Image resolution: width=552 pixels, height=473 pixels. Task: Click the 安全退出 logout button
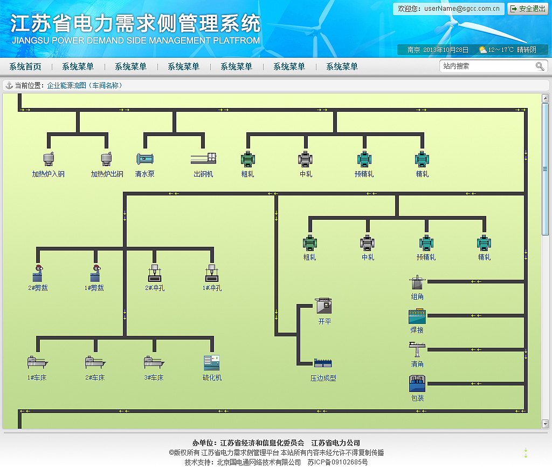click(x=528, y=9)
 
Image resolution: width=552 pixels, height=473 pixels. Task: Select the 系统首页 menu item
click(x=25, y=66)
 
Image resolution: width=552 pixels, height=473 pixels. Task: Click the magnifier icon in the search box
click(x=540, y=66)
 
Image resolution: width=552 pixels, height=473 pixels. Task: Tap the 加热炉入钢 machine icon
click(x=49, y=159)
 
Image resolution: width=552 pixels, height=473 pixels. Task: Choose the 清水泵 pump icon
click(x=144, y=159)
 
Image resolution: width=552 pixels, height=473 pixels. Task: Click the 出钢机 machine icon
click(x=203, y=159)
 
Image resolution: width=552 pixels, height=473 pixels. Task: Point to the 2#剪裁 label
click(x=38, y=288)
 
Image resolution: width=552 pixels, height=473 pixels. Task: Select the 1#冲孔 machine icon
click(x=212, y=273)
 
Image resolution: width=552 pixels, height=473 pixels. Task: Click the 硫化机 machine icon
click(x=211, y=362)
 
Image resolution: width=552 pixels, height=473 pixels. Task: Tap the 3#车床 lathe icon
click(x=154, y=362)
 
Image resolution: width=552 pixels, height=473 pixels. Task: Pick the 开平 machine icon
click(x=324, y=306)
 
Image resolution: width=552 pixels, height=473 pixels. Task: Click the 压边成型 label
click(x=323, y=379)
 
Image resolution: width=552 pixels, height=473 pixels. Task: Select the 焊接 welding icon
click(x=417, y=315)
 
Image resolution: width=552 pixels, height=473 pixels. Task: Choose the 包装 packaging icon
click(x=417, y=383)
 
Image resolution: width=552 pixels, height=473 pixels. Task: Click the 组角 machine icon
click(x=417, y=283)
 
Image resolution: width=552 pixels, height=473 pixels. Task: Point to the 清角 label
click(x=417, y=364)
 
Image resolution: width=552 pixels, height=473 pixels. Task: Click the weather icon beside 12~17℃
click(x=482, y=50)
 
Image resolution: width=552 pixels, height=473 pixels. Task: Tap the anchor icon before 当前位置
click(x=9, y=85)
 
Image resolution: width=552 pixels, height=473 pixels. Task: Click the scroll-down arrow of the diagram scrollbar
click(x=545, y=424)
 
